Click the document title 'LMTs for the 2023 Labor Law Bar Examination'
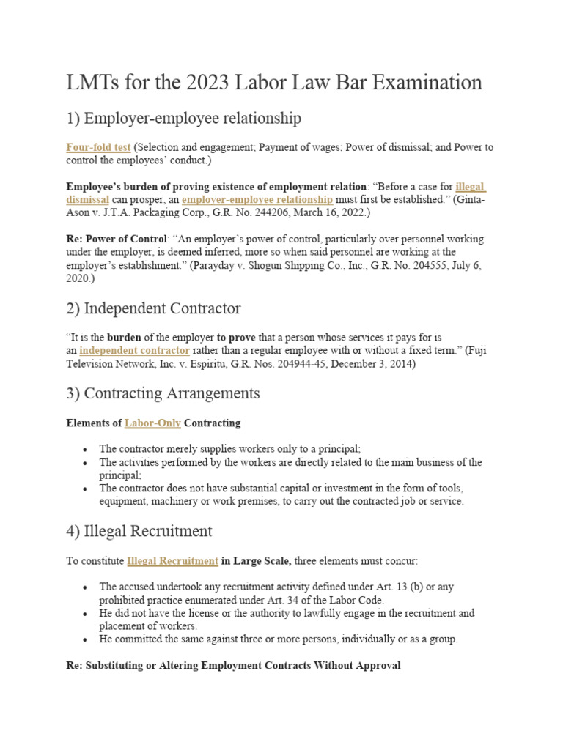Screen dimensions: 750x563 (x=274, y=83)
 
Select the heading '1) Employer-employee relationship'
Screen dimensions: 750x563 (x=183, y=118)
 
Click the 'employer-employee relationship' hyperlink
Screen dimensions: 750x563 (x=257, y=199)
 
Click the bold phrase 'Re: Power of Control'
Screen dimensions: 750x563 (x=117, y=239)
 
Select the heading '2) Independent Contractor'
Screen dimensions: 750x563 (x=153, y=308)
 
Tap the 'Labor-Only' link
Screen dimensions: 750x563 (x=152, y=423)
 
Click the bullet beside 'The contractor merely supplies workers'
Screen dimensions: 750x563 (x=87, y=449)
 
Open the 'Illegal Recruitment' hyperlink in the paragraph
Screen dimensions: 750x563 (x=172, y=560)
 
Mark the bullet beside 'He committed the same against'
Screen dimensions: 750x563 (x=87, y=639)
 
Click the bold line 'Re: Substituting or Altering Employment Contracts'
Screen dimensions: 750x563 (x=233, y=666)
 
